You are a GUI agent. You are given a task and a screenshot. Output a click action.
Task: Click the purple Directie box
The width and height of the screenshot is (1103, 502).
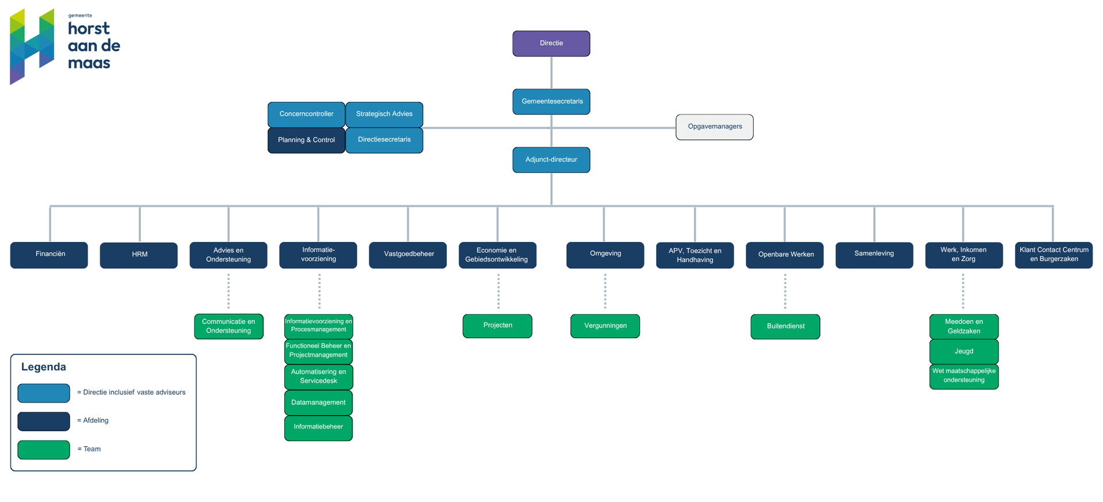coord(551,44)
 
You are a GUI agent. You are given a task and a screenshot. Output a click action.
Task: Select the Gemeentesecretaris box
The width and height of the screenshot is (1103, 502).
coord(551,101)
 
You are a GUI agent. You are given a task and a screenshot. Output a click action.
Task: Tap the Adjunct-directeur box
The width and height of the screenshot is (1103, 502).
coord(551,160)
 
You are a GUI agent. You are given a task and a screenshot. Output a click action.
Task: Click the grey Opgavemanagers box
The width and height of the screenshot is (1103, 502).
coord(714,127)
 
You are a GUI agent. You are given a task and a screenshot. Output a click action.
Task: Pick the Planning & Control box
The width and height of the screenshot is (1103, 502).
coord(306,140)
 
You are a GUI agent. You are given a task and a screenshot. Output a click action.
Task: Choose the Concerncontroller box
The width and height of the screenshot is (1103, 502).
coord(306,114)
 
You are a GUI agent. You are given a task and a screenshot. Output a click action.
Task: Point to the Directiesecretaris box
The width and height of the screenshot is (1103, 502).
coord(384,140)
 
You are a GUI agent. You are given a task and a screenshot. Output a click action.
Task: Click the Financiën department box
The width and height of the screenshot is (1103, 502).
coord(49,255)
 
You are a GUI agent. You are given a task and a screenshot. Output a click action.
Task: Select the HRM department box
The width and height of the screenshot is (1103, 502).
coord(139,255)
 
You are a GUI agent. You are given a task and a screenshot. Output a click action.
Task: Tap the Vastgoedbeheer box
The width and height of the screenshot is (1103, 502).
coord(408,255)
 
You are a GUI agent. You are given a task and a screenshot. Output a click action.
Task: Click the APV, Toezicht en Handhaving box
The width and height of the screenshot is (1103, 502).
coord(695,255)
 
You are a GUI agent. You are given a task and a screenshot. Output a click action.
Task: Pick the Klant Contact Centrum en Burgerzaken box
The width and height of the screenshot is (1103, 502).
coord(1053,255)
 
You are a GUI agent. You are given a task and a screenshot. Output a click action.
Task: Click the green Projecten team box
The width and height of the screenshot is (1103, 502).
coord(497,325)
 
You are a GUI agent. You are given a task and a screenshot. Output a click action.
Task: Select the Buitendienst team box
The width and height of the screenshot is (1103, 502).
coord(785,327)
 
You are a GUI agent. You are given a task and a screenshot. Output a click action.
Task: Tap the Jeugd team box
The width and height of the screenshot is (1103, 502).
coord(963,351)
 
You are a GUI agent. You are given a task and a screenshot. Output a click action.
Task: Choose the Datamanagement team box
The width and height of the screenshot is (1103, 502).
coord(318,403)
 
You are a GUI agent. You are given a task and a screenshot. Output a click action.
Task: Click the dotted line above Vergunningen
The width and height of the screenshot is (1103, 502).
coord(605,291)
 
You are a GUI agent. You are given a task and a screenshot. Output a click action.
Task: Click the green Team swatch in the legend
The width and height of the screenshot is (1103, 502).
coord(44,450)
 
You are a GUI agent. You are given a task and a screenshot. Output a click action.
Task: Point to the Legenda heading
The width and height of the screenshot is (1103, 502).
coord(44,367)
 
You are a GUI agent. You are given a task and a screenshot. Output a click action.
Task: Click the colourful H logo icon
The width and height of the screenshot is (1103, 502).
coord(32,46)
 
